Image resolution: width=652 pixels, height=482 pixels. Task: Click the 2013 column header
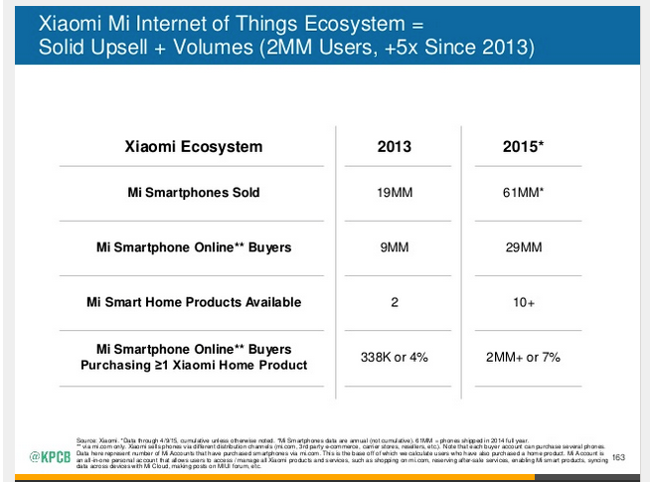pyautogui.click(x=394, y=147)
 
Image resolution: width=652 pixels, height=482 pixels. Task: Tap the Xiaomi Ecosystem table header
pyautogui.click(x=194, y=147)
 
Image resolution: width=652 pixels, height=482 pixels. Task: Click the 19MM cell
pyautogui.click(x=394, y=193)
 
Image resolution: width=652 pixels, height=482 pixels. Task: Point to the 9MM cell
pyautogui.click(x=394, y=247)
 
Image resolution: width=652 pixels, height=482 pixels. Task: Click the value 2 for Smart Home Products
pyautogui.click(x=394, y=302)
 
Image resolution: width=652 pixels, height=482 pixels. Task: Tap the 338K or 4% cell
pyautogui.click(x=394, y=357)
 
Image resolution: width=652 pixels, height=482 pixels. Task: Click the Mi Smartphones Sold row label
pyautogui.click(x=194, y=193)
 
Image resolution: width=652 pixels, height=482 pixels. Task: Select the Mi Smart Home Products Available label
pyautogui.click(x=194, y=302)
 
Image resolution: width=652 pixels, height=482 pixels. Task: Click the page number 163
pyautogui.click(x=618, y=457)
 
